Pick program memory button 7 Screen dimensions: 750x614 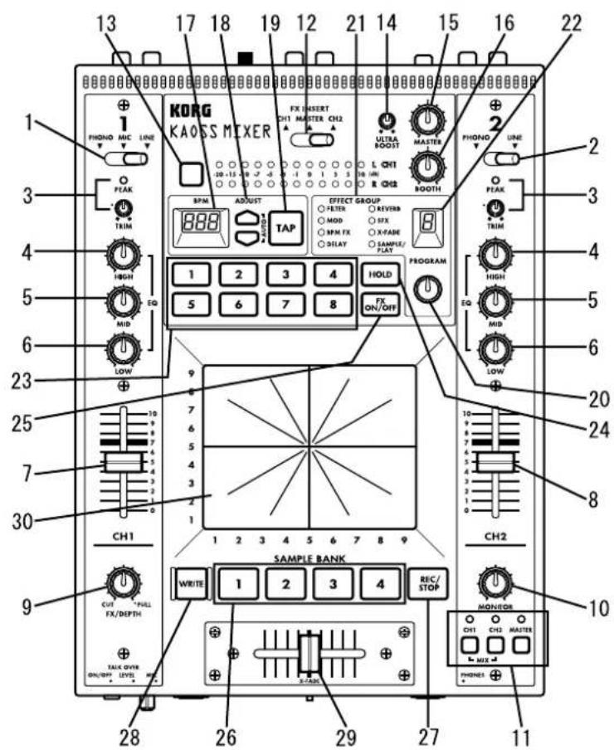pyautogui.click(x=285, y=304)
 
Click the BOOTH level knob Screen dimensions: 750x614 pyautogui.click(x=428, y=169)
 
